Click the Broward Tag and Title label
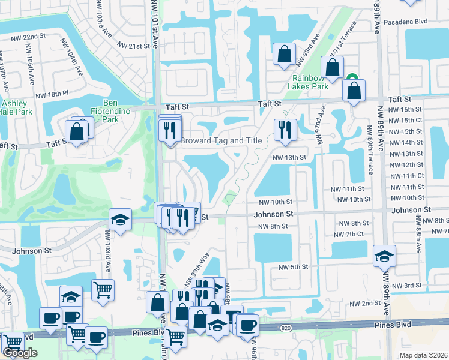pos(221,140)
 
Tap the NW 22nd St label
pos(28,37)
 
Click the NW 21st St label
pos(133,46)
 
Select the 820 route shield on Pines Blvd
pos(286,328)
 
